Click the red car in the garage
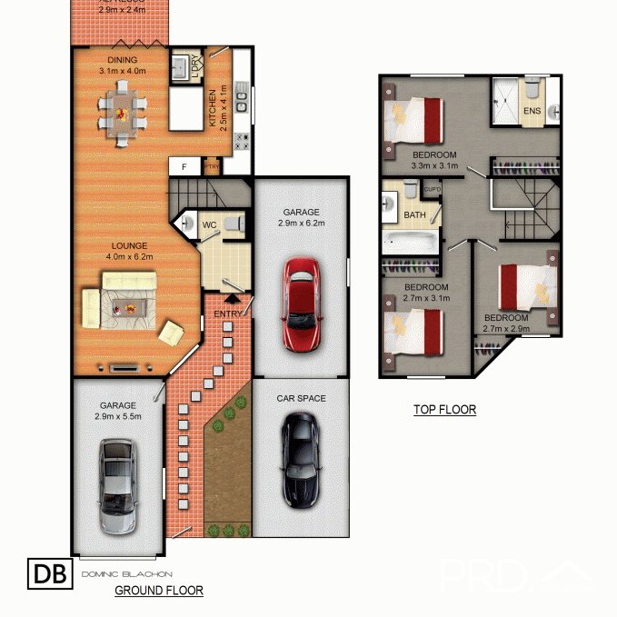[x=301, y=305]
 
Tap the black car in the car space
[x=299, y=460]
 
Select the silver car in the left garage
[x=119, y=487]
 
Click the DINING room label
[x=121, y=61]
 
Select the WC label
[x=208, y=224]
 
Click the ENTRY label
[x=228, y=313]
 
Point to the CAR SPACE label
[x=301, y=398]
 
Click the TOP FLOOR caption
[x=444, y=410]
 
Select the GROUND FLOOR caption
[x=158, y=591]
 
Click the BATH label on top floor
[x=414, y=215]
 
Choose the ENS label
[x=532, y=111]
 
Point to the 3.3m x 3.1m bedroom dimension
[x=433, y=166]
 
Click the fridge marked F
[x=184, y=166]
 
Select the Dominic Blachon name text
[x=126, y=574]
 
